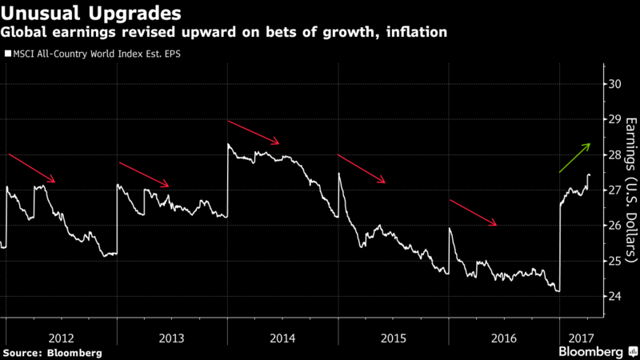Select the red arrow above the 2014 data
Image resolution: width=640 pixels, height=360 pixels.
click(254, 133)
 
